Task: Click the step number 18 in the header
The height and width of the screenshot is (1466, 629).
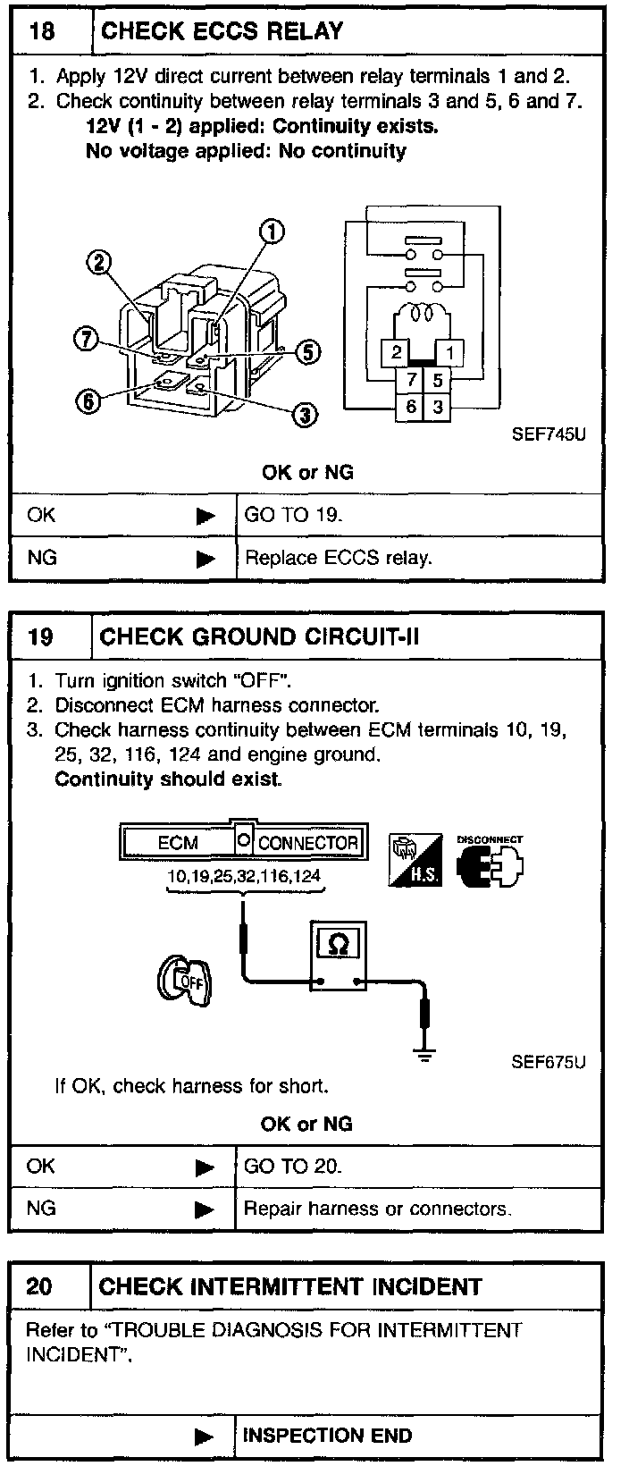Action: click(x=42, y=32)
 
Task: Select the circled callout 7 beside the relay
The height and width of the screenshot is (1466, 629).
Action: click(x=86, y=340)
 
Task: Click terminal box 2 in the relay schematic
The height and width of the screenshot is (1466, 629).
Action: click(x=397, y=352)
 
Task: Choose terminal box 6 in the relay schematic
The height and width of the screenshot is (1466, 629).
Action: click(x=411, y=407)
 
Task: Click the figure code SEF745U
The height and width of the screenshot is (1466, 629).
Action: click(x=549, y=435)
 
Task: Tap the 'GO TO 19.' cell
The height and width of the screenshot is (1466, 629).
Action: click(x=293, y=515)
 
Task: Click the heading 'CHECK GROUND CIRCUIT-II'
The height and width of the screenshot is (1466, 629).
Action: click(x=260, y=637)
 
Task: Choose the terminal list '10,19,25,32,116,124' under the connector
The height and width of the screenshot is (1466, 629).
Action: click(x=244, y=876)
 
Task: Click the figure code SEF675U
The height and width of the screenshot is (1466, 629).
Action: click(x=549, y=1062)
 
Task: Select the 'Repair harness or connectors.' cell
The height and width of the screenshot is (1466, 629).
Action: click(x=377, y=1209)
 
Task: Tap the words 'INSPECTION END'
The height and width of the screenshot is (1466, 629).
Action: click(x=327, y=1436)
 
